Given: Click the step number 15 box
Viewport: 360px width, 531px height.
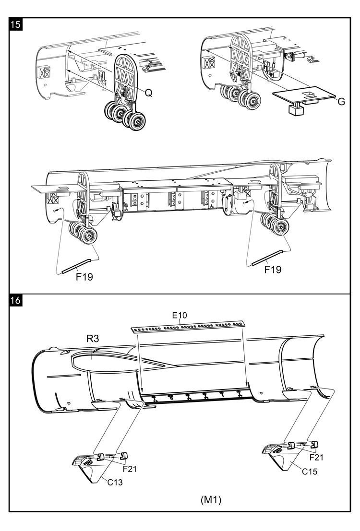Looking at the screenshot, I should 15,25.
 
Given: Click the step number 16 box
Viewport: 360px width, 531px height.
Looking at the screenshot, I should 15,300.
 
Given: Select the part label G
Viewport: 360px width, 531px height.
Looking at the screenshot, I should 341,101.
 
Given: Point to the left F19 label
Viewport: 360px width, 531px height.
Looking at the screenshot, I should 84,276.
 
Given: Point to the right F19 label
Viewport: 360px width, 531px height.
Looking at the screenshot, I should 273,269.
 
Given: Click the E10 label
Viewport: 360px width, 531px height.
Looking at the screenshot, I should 180,315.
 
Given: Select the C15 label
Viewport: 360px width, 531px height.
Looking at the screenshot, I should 310,471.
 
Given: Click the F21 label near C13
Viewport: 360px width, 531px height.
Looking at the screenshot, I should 130,468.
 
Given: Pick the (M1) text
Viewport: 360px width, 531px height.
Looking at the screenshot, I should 211,499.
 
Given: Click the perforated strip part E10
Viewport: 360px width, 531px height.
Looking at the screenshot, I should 188,327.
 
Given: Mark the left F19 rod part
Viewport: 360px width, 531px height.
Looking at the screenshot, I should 77,265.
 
